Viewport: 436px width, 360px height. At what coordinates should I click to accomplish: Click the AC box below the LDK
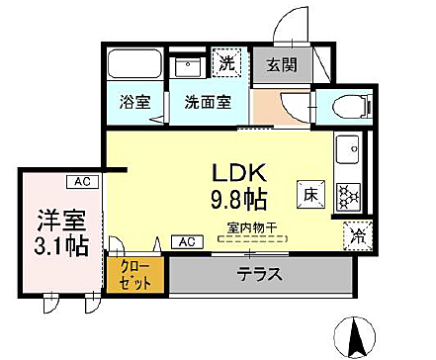(x=185, y=241)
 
